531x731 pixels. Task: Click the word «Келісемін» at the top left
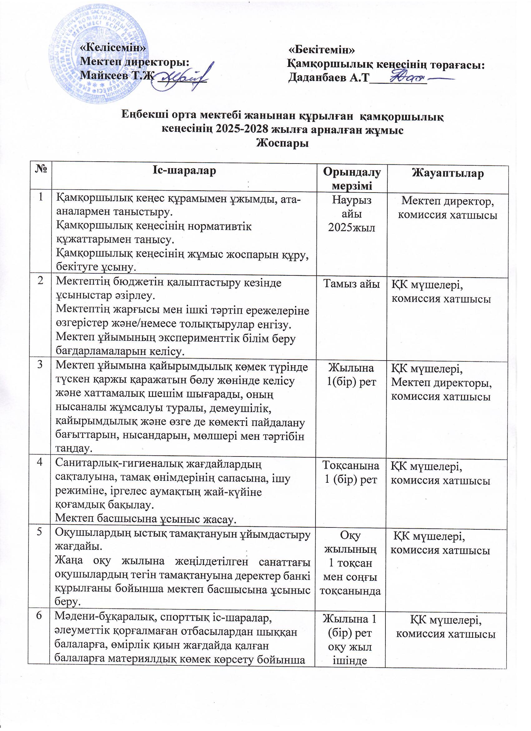point(113,48)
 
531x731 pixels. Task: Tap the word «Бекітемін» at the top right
point(321,50)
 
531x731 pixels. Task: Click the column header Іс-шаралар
point(184,171)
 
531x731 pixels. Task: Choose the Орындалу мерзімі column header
point(351,179)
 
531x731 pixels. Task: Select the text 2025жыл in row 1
point(351,228)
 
